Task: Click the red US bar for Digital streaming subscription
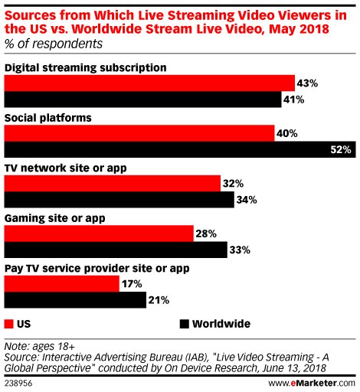click(x=150, y=83)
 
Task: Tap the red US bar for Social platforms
click(x=139, y=133)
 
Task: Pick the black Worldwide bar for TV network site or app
click(x=119, y=200)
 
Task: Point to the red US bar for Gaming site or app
click(x=99, y=234)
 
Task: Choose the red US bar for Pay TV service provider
click(x=62, y=284)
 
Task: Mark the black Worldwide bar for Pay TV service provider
click(x=75, y=300)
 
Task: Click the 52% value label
click(x=341, y=150)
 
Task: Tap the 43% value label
click(x=308, y=83)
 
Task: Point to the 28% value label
click(x=205, y=234)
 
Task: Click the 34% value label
click(x=246, y=200)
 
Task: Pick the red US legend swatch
click(x=9, y=324)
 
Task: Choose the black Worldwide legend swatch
click(x=185, y=324)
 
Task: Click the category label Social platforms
click(x=47, y=118)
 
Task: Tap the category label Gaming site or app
click(x=55, y=218)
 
